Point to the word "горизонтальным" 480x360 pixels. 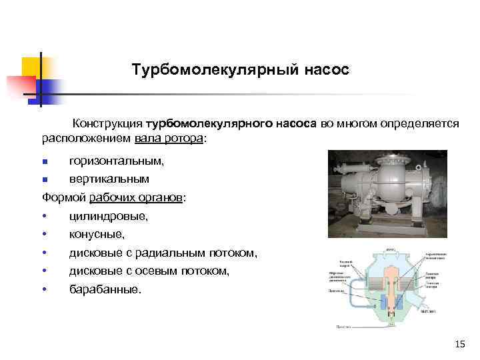116,161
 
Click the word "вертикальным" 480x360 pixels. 109,179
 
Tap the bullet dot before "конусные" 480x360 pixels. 45,235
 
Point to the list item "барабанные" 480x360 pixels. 105,290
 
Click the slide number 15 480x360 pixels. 459,344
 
